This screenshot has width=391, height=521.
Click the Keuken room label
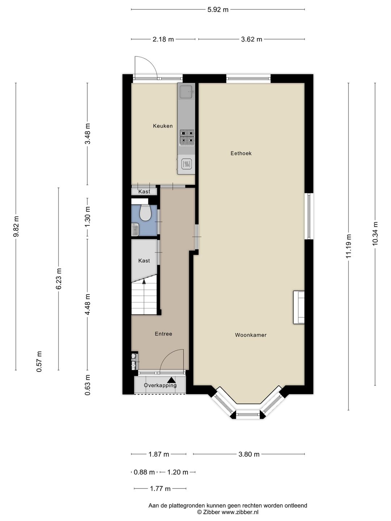click(x=163, y=126)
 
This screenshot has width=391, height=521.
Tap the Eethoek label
click(x=241, y=153)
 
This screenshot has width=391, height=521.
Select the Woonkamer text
click(x=251, y=335)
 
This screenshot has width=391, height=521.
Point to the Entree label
click(x=163, y=334)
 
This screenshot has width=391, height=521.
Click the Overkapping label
click(x=160, y=385)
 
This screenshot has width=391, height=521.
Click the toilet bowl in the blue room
click(x=146, y=213)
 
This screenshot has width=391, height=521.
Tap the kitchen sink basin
click(x=186, y=92)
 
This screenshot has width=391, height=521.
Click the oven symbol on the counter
click(x=186, y=164)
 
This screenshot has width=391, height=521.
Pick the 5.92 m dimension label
click(x=218, y=9)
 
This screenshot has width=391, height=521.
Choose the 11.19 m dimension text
click(x=348, y=246)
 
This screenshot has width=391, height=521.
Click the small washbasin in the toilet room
click(x=135, y=229)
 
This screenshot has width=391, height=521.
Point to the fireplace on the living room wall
click(x=299, y=307)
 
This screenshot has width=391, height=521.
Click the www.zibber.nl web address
click(x=240, y=512)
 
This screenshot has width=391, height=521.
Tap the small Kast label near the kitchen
click(x=144, y=191)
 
